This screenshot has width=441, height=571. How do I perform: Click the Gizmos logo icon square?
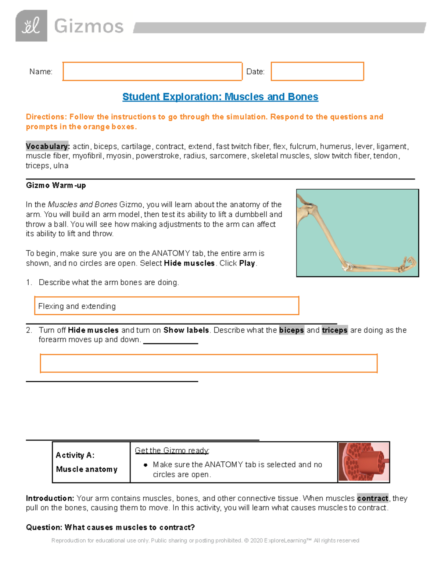click(x=31, y=26)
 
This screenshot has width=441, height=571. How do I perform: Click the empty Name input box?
click(x=152, y=71)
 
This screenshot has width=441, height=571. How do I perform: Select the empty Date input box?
click(x=317, y=71)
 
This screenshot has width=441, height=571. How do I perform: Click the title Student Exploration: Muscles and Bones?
click(x=220, y=97)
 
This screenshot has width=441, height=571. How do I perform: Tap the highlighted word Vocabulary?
click(x=47, y=146)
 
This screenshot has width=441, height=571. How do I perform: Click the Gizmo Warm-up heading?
click(x=56, y=185)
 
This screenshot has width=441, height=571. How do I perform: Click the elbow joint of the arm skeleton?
click(x=347, y=266)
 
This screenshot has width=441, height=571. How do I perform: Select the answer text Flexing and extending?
click(x=77, y=306)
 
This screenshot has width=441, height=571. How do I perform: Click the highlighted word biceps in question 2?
click(x=291, y=330)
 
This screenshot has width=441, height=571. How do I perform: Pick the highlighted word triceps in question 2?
click(x=334, y=330)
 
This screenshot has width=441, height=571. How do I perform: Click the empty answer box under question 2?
click(x=208, y=363)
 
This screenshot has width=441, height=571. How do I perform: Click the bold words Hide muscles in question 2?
click(x=93, y=330)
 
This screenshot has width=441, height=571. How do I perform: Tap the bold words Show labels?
click(x=186, y=330)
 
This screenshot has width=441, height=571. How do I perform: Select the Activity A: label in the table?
click(x=75, y=455)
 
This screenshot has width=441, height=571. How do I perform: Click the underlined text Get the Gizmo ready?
click(x=172, y=450)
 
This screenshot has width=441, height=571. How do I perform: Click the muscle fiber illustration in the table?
click(x=363, y=462)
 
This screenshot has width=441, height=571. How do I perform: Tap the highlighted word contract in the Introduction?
click(x=372, y=498)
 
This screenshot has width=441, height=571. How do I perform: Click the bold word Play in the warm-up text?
click(x=247, y=263)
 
